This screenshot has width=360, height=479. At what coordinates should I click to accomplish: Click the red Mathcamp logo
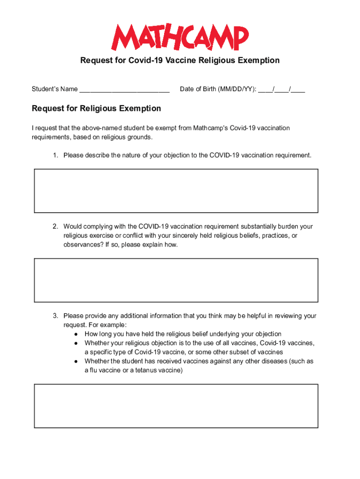180,37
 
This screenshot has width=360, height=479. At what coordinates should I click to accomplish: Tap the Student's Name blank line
124,89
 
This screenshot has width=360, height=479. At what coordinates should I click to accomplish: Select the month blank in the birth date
265,89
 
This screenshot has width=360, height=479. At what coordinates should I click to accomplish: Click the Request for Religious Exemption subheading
96,109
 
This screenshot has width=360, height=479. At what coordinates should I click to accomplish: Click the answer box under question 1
176,191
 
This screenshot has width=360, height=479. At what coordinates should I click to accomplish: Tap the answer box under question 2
176,280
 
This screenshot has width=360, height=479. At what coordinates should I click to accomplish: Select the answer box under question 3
176,406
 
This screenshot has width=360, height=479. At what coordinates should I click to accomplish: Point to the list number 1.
55,155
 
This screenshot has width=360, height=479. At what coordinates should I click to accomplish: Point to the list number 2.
55,226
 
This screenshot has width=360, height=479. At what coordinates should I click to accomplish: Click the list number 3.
55,316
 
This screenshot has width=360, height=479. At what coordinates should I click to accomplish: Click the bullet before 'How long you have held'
76,334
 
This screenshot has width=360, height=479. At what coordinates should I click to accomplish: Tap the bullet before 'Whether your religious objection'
76,343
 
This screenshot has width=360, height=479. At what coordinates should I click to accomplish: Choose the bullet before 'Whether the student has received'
76,361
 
